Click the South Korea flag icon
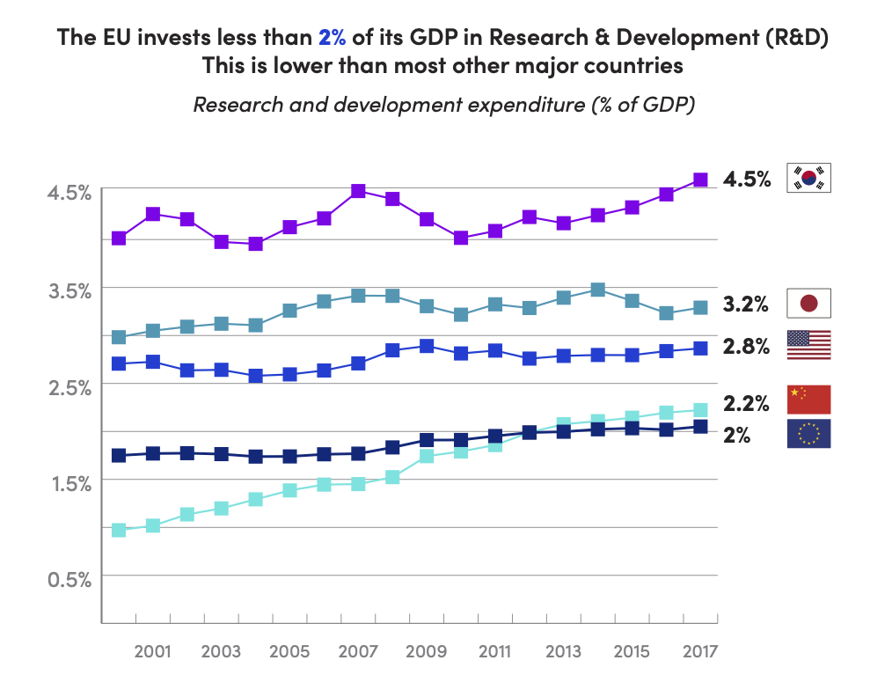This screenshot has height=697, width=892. pos(808,178)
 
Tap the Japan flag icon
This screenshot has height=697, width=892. pos(808,304)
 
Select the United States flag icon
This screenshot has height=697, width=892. pos(808,345)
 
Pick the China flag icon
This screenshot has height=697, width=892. pos(808,400)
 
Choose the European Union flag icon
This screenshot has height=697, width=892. pos(808,433)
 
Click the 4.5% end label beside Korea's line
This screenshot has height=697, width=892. pos(747,180)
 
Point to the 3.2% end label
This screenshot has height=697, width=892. pos(746,304)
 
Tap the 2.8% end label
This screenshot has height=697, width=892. pos(746,346)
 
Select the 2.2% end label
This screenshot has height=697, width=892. pos(746,404)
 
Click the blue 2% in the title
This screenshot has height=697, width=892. pos(333,38)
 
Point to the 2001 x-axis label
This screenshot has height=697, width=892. pos(153,651)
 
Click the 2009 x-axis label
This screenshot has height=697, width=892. pos(427,651)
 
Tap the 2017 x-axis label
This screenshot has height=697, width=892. pos(700,651)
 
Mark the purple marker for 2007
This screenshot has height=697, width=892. pos(358,191)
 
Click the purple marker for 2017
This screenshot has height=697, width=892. pos(700,180)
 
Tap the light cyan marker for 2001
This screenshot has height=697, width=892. pos(153,525)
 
